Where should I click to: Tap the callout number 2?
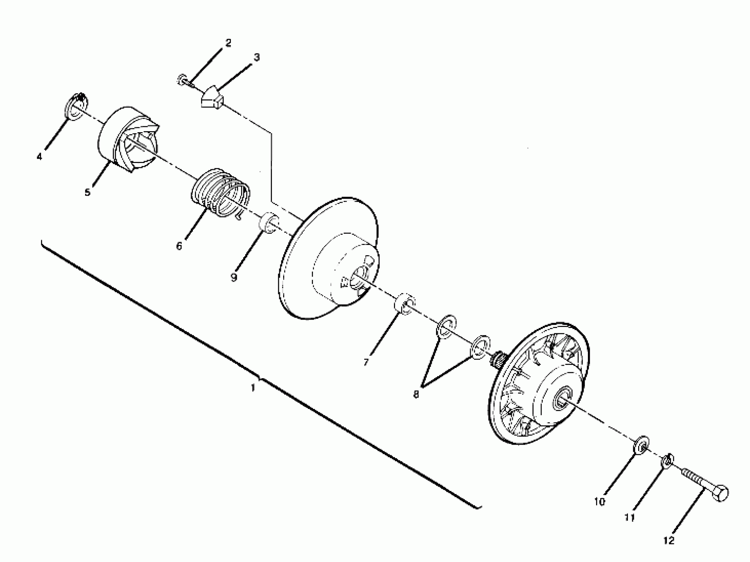click(x=228, y=43)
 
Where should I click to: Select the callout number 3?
click(x=257, y=58)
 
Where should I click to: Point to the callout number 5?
click(x=87, y=192)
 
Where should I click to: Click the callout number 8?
click(x=416, y=394)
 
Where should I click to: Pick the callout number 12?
click(x=669, y=541)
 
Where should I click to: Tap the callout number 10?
click(x=599, y=502)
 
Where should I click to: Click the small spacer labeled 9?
click(x=269, y=222)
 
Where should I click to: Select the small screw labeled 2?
click(x=184, y=81)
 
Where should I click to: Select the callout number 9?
click(x=234, y=277)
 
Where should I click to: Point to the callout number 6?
click(x=179, y=246)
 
